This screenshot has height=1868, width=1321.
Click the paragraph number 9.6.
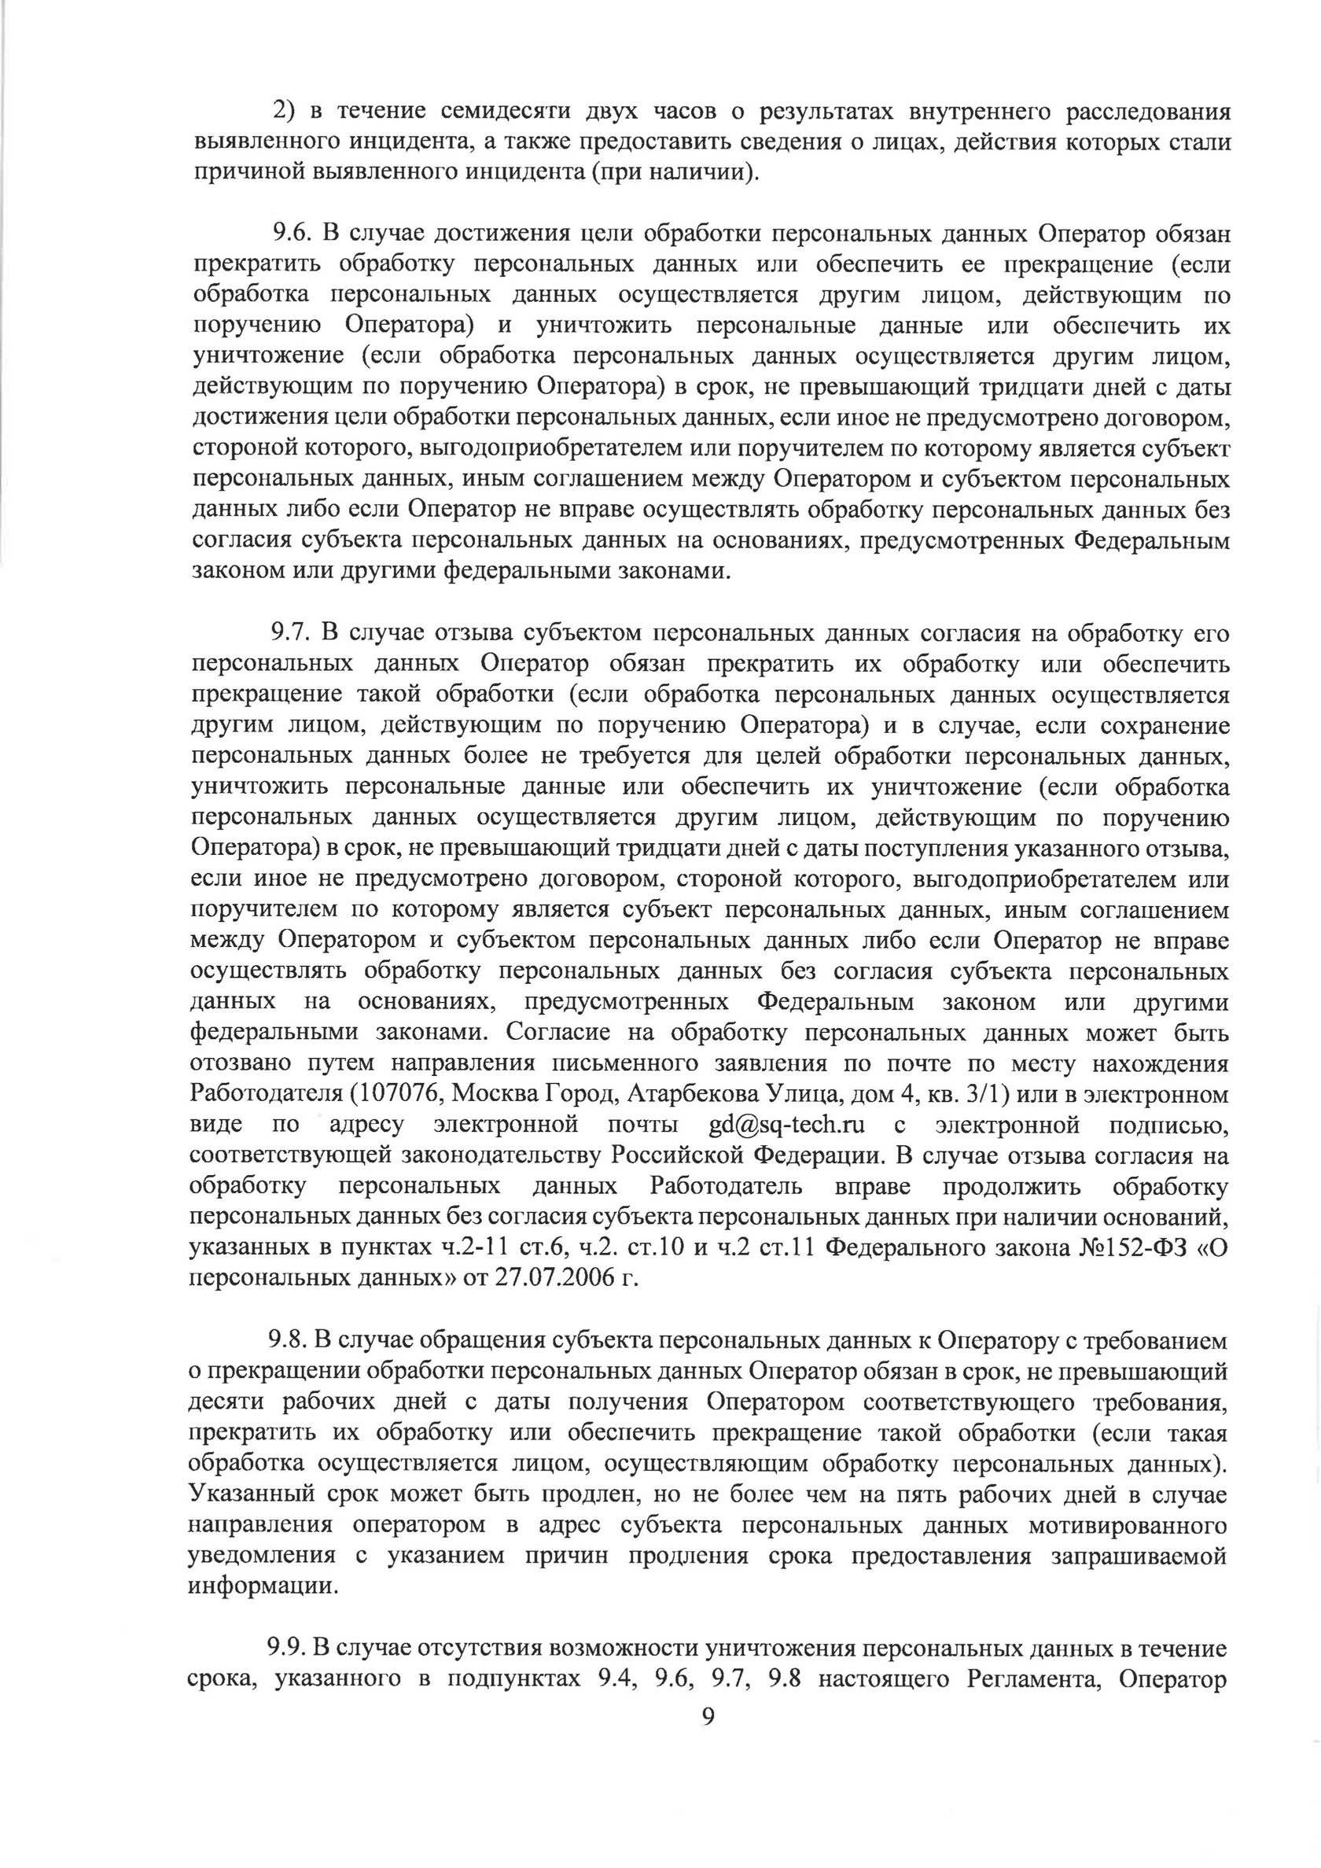click(x=290, y=234)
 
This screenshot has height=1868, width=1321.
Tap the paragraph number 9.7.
click(x=290, y=633)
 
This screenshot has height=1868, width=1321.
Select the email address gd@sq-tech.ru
click(x=786, y=1126)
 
